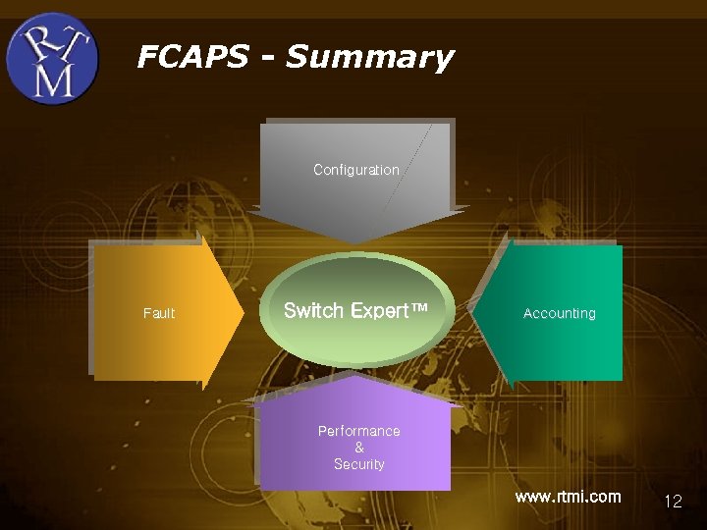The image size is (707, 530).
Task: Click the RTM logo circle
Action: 52,59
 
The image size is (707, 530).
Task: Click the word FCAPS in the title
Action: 192,57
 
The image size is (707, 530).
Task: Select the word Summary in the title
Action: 369,58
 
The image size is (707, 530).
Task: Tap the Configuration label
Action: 355,170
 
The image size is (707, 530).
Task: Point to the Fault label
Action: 159,313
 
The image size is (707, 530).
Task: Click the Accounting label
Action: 559,313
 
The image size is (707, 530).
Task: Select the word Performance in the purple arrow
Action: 358,431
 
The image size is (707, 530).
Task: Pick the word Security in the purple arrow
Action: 358,464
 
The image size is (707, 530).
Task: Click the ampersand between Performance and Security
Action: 358,448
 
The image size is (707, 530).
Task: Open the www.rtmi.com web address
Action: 568,497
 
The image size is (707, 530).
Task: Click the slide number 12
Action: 673,501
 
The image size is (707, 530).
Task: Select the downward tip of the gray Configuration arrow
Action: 354,241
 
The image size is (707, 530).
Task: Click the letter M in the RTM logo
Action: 53,79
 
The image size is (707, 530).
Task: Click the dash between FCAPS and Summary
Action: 267,57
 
